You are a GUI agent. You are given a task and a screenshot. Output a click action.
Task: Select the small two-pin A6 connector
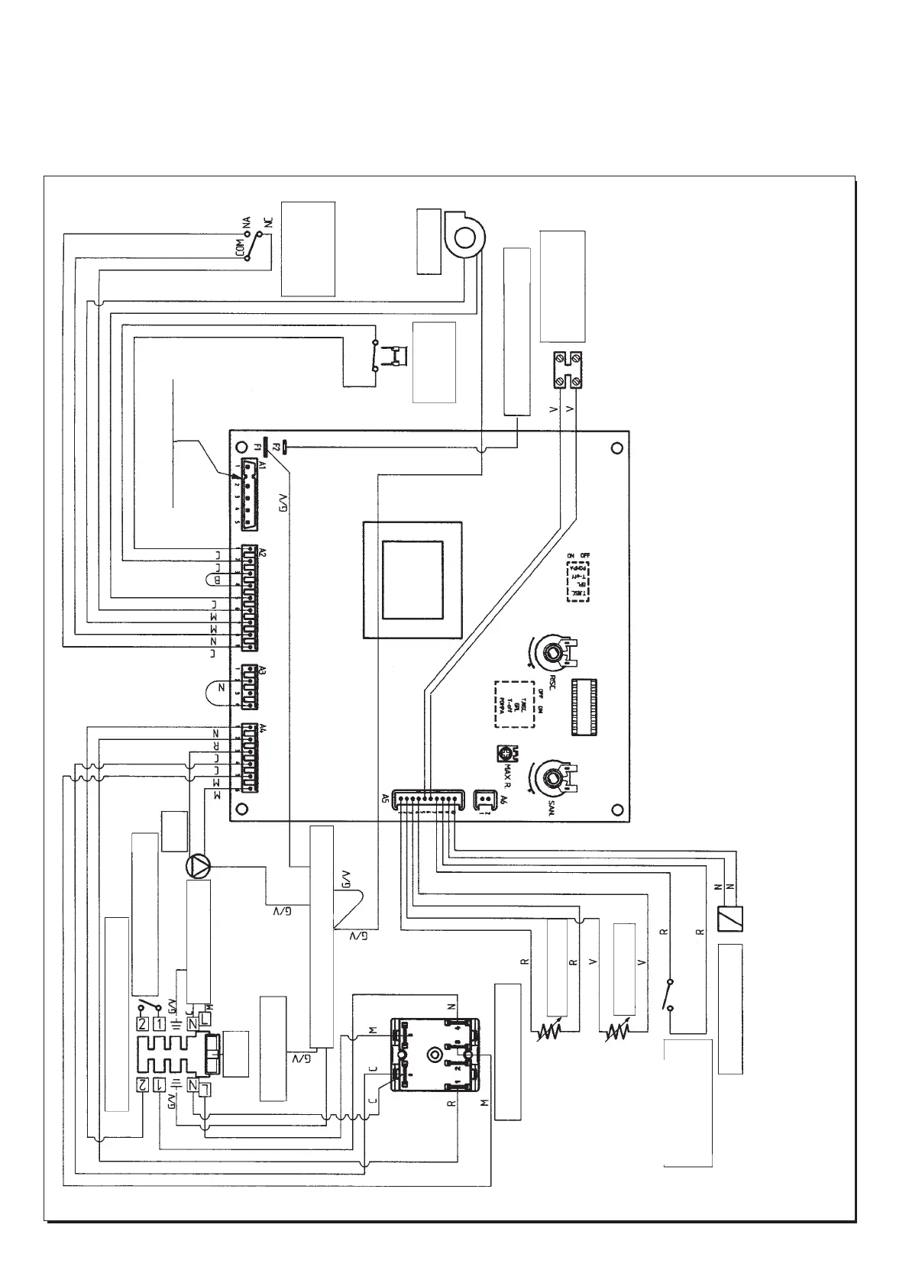tap(484, 800)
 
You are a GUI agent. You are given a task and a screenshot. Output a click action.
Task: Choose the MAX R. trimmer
tap(505, 754)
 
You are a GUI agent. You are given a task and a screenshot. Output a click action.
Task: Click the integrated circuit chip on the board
tap(584, 707)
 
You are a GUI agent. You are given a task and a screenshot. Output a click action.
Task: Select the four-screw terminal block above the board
tap(568, 370)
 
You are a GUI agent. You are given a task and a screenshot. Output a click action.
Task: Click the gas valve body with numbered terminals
tap(434, 1055)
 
